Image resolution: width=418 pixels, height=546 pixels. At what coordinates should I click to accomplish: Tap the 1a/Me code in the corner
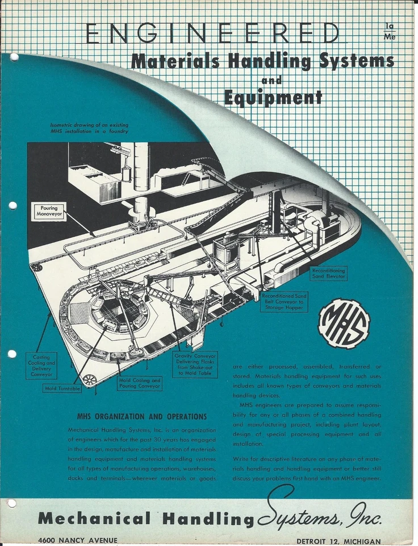(390, 31)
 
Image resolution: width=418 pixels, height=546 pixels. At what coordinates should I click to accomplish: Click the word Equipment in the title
(273, 97)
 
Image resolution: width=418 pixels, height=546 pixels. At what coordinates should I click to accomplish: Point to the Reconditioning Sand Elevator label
(331, 274)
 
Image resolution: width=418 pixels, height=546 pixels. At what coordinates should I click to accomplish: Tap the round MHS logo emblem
(344, 323)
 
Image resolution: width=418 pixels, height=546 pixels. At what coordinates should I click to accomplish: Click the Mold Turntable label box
(62, 388)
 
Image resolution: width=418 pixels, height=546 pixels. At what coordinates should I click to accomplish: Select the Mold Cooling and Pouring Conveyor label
(140, 383)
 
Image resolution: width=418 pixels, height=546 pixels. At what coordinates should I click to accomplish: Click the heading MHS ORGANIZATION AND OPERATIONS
(142, 416)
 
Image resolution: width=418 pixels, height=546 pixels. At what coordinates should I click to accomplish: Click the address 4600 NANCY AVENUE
(78, 540)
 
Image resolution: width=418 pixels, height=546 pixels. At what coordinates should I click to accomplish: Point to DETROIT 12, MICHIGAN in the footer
(338, 540)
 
